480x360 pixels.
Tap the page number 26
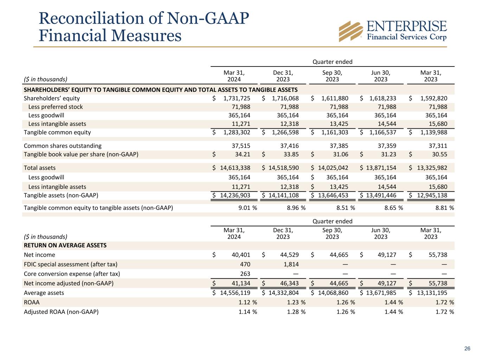click(x=467, y=348)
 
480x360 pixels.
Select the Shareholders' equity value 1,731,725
click(x=237, y=98)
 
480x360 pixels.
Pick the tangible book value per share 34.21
click(x=243, y=154)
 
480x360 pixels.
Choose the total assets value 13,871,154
click(x=381, y=168)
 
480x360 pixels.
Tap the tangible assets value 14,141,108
click(x=283, y=195)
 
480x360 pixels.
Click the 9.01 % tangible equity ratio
click(x=248, y=208)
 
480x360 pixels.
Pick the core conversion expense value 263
click(x=245, y=274)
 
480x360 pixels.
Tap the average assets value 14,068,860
click(x=333, y=293)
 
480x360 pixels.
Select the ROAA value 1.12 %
click(x=248, y=302)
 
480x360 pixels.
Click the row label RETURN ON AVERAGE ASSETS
click(x=65, y=245)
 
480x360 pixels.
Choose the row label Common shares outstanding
click(x=63, y=146)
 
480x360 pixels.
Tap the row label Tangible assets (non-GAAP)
click(x=61, y=195)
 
